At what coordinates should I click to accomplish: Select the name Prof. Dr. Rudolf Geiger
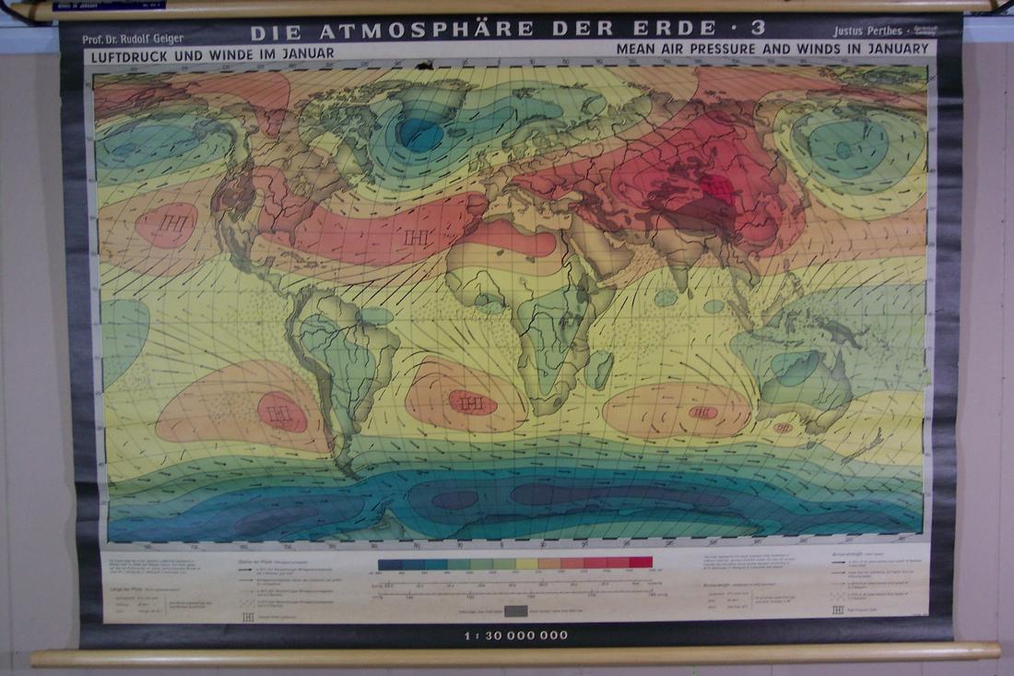[x=133, y=40]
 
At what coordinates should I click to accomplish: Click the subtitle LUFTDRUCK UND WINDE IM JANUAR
[x=211, y=54]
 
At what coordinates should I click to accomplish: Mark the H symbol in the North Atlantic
[x=412, y=238]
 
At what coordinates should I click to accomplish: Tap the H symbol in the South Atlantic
[x=471, y=403]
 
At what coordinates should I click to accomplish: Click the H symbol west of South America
[x=280, y=412]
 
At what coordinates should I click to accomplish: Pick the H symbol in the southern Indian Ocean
[x=702, y=412]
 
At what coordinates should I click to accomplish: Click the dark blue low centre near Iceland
[x=420, y=136]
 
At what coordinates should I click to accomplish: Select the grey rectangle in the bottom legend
[x=515, y=611]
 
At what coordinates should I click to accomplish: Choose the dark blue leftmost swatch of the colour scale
[x=388, y=563]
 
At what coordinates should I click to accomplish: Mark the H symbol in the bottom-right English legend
[x=837, y=610]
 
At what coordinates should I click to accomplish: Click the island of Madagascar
[x=599, y=369]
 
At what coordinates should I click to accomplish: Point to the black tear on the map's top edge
[x=424, y=65]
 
